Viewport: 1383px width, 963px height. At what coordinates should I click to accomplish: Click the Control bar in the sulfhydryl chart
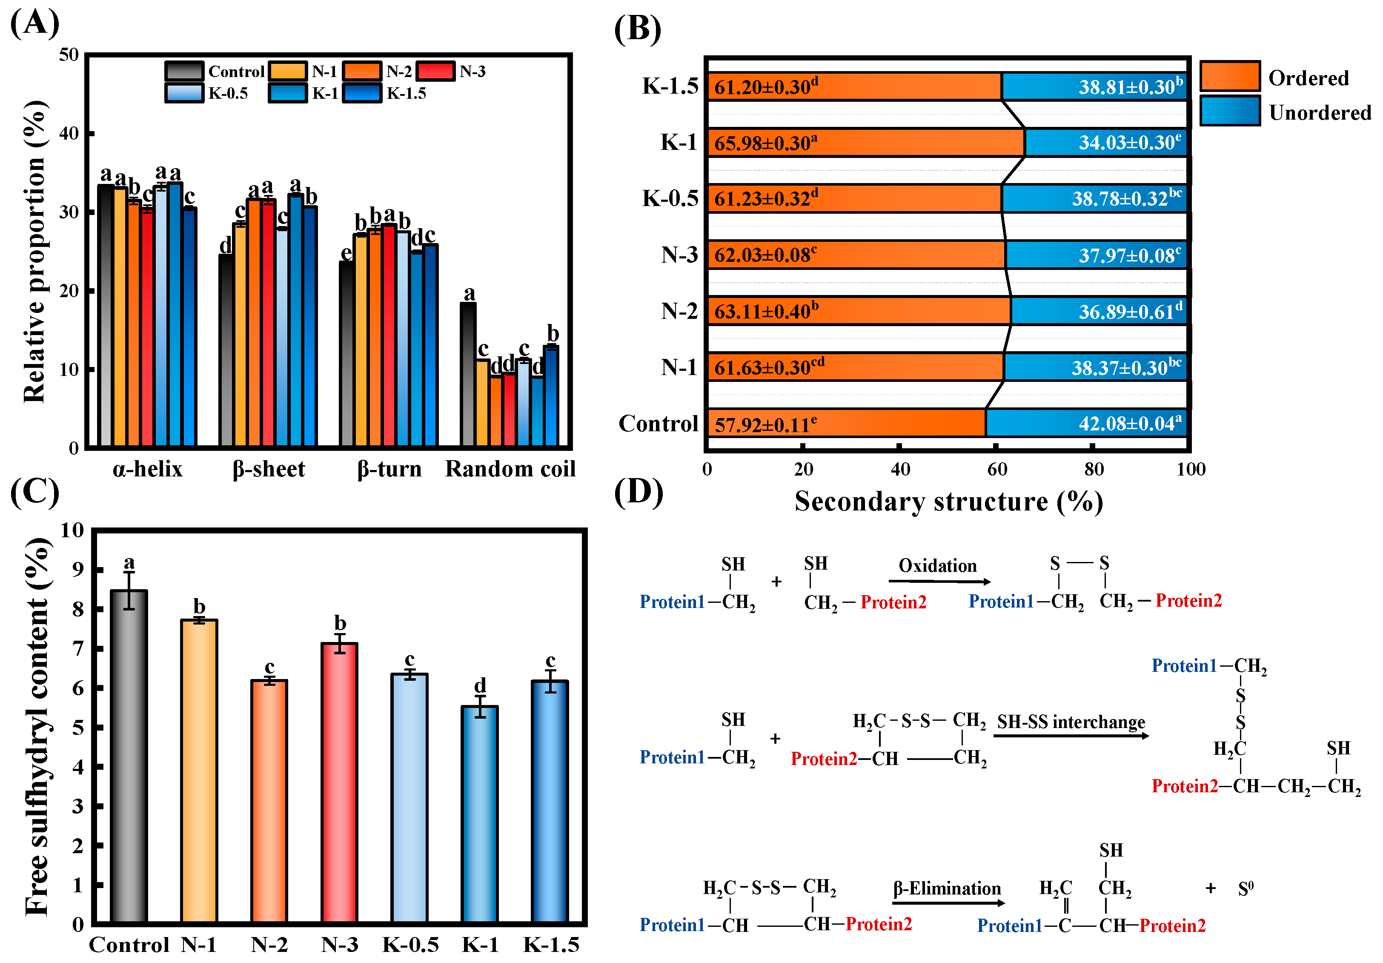[x=129, y=756]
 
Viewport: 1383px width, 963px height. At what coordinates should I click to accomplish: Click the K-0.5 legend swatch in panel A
[x=184, y=93]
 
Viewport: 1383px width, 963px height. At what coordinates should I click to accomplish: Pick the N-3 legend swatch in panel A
[x=435, y=71]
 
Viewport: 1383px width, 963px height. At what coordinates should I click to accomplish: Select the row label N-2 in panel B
[x=679, y=311]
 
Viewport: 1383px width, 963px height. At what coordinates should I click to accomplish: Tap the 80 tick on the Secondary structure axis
[x=1093, y=469]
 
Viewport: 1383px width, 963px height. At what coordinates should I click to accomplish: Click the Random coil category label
[x=510, y=469]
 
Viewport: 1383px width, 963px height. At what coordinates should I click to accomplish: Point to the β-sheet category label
[x=269, y=469]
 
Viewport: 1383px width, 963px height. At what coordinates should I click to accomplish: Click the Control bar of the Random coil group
[x=468, y=374]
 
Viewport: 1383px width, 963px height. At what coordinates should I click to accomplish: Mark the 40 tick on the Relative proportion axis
[x=69, y=133]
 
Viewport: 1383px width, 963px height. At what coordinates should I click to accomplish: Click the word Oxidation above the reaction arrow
[x=937, y=565]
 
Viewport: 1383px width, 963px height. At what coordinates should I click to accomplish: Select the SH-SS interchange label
[x=1071, y=722]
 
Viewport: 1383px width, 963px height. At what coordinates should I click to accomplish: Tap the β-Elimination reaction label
[x=947, y=888]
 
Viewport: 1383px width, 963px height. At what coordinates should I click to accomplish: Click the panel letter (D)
[x=639, y=492]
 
